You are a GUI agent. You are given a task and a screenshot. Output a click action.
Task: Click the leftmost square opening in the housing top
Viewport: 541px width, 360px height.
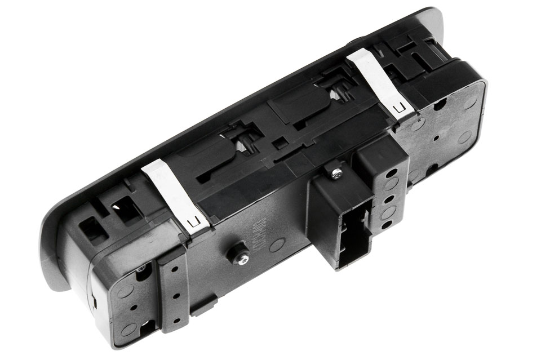click(x=91, y=228)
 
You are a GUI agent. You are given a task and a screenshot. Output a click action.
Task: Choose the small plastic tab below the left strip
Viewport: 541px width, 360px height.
click(x=203, y=307)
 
